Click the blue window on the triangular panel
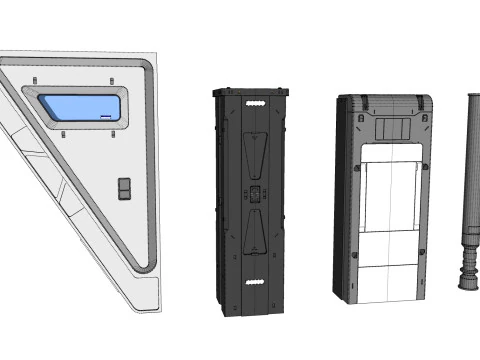[x=80, y=108]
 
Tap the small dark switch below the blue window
[x=124, y=188]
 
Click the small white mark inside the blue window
[x=104, y=116]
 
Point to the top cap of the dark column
[x=251, y=92]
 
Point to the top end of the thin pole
[x=473, y=96]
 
